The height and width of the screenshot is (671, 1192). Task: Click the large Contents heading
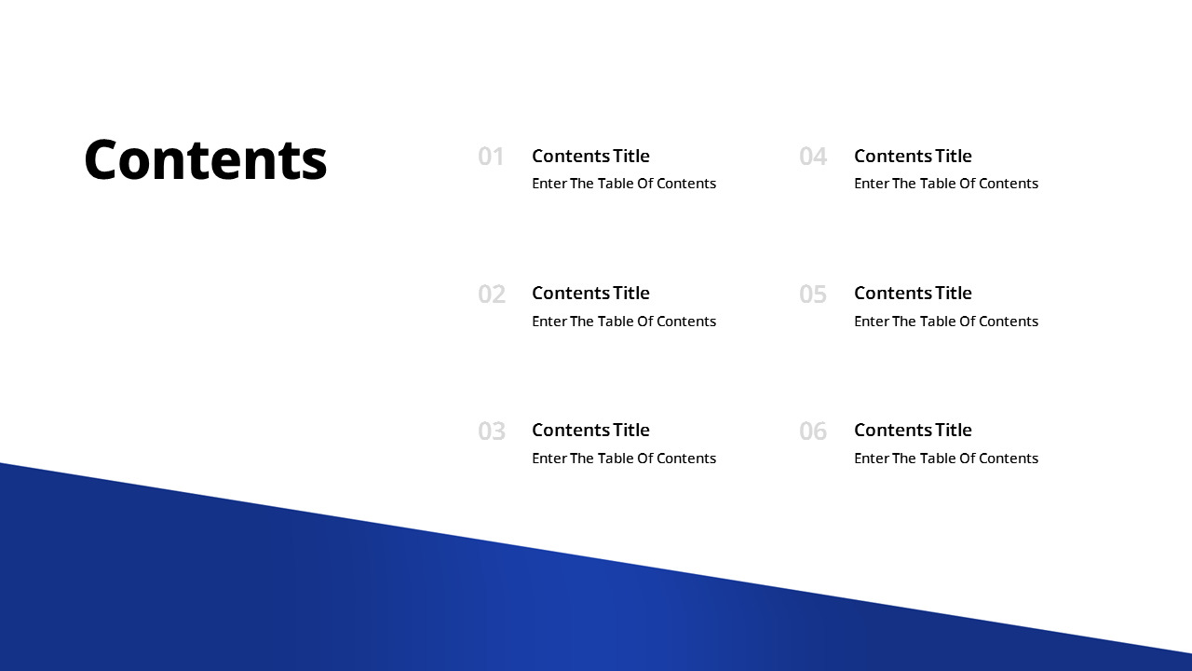[x=206, y=159]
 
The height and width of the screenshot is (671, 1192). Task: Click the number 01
[x=491, y=157]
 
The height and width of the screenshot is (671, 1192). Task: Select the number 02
[x=492, y=294]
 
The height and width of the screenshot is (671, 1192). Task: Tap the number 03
[x=492, y=431]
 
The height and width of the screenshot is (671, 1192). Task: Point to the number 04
[x=813, y=157]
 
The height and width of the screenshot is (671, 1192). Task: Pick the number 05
[x=813, y=294]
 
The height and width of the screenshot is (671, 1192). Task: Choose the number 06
[x=813, y=431]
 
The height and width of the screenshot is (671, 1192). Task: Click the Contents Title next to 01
[x=590, y=156]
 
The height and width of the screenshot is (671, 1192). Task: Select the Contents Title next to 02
[x=590, y=293]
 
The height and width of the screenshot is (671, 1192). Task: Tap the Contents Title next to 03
[x=590, y=430]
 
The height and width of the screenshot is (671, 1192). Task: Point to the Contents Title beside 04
[x=913, y=156]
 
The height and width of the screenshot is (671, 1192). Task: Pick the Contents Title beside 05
[x=913, y=293]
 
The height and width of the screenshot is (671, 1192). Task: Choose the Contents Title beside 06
[x=913, y=430]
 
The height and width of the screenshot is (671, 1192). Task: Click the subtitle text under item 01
[x=624, y=184]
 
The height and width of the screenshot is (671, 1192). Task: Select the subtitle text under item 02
[x=624, y=322]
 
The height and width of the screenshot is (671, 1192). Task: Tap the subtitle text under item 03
[x=624, y=459]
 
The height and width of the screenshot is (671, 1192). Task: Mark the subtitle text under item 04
[x=946, y=184]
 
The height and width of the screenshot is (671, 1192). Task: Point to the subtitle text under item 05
[x=946, y=322]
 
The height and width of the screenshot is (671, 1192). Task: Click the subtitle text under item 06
[x=946, y=459]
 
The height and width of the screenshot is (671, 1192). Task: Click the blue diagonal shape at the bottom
[x=466, y=606]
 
